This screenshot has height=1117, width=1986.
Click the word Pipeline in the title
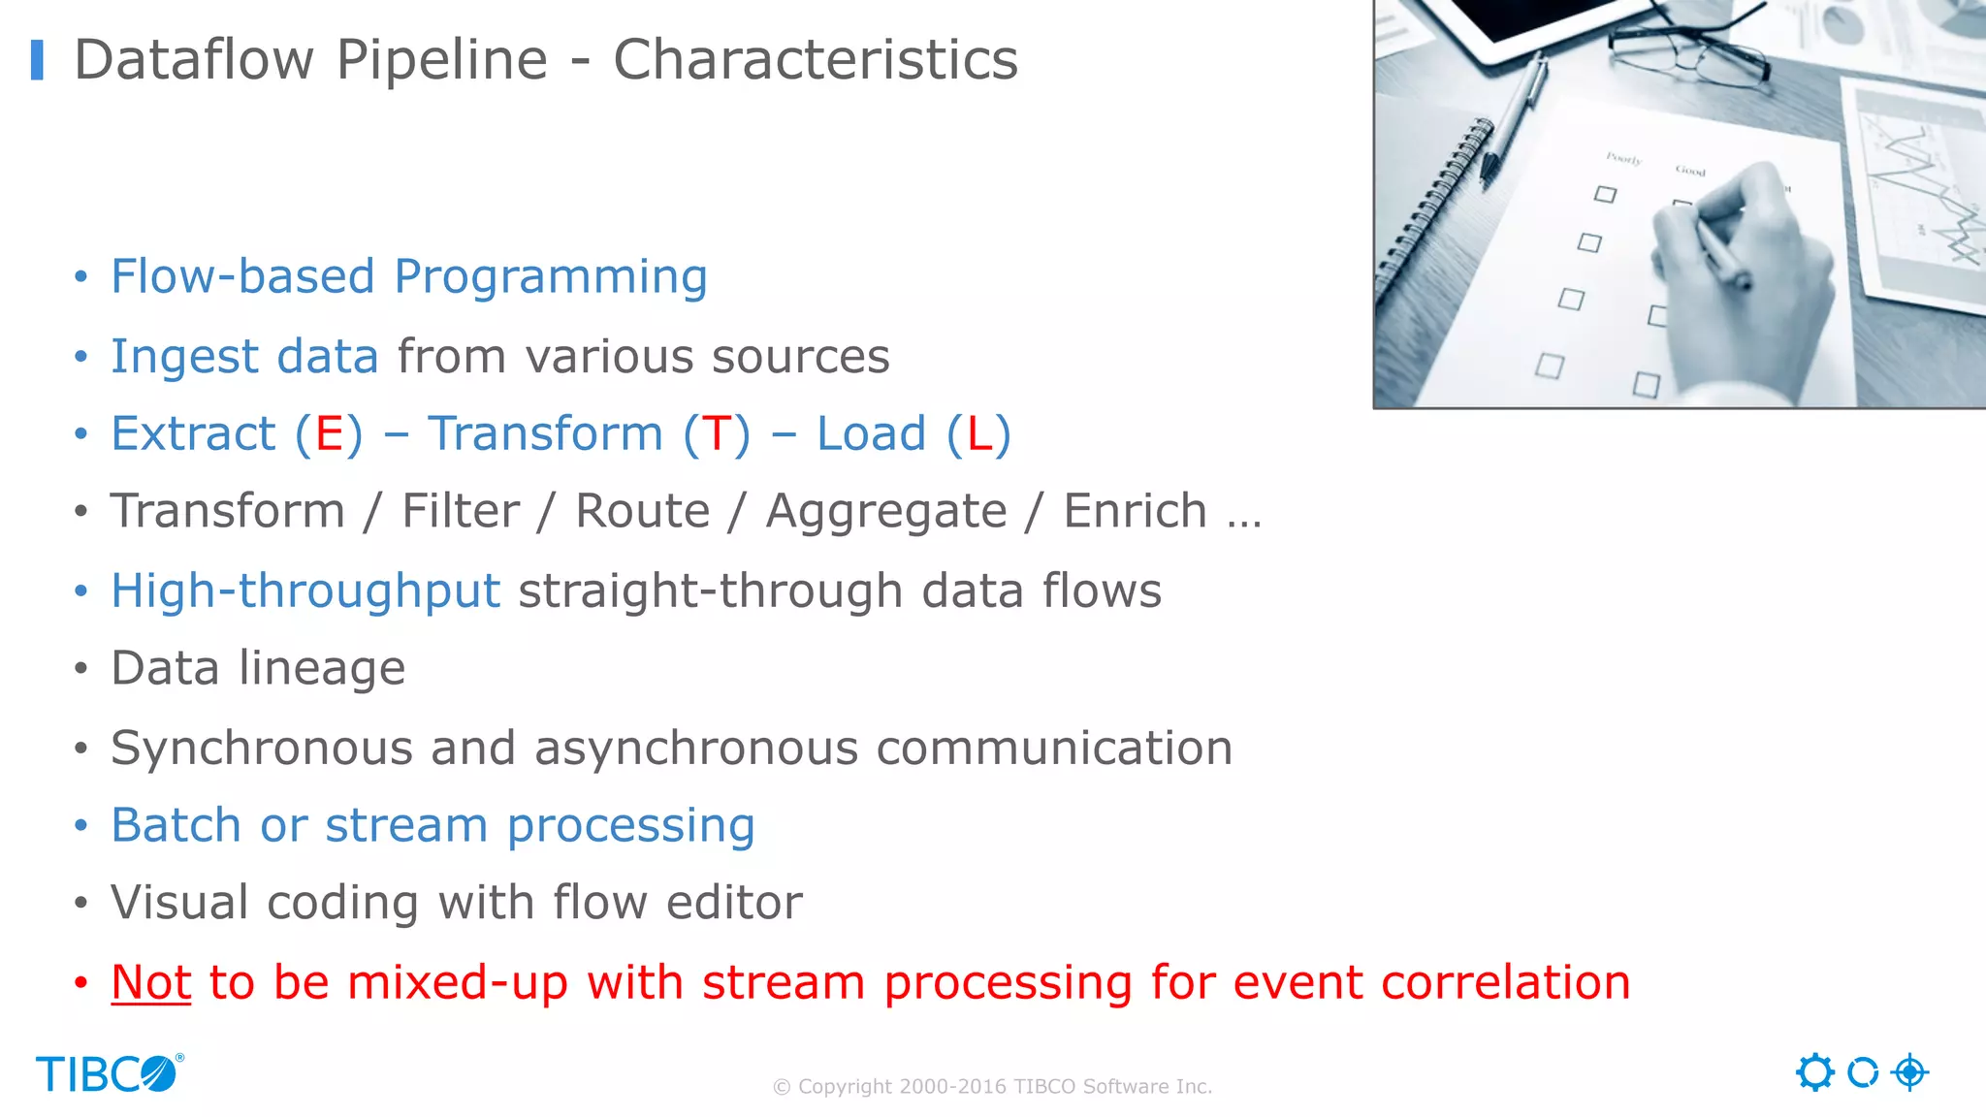pos(441,60)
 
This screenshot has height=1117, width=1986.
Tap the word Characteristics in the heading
pos(815,60)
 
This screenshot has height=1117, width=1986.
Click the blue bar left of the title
pos(37,60)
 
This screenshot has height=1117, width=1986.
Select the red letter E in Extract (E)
pos(329,433)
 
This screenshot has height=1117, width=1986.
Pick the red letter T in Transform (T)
pos(717,433)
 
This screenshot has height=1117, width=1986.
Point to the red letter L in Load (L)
pos(979,433)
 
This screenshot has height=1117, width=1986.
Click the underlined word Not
pos(151,982)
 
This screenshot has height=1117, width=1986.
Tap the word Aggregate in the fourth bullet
pos(885,511)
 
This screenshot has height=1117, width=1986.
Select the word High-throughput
pos(305,590)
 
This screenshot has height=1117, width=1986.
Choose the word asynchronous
pos(695,748)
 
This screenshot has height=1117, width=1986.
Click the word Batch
pos(176,825)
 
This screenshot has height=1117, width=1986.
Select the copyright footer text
pos(992,1087)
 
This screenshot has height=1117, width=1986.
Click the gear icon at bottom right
pos(1814,1072)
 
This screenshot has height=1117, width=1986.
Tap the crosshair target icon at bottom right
pos(1909,1072)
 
